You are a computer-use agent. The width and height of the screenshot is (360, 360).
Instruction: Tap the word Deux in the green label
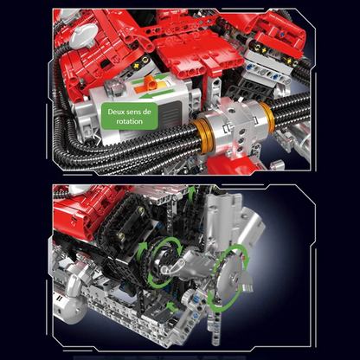pos(116,112)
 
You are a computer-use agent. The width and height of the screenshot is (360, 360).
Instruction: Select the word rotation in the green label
pos(130,121)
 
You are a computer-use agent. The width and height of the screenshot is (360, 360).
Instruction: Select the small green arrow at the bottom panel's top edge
pos(192,193)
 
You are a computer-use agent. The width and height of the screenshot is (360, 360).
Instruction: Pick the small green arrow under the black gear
pos(172,306)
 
